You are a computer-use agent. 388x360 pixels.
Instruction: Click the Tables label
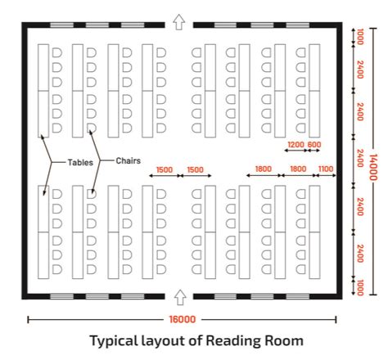click(79, 162)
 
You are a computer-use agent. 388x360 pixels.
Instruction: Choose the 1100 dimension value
click(325, 169)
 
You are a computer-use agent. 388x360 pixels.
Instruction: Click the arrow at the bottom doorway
click(180, 296)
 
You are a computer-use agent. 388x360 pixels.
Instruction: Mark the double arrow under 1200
click(296, 151)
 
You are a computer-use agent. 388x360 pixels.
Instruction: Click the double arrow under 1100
click(325, 175)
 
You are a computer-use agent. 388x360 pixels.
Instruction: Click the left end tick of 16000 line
click(29, 320)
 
